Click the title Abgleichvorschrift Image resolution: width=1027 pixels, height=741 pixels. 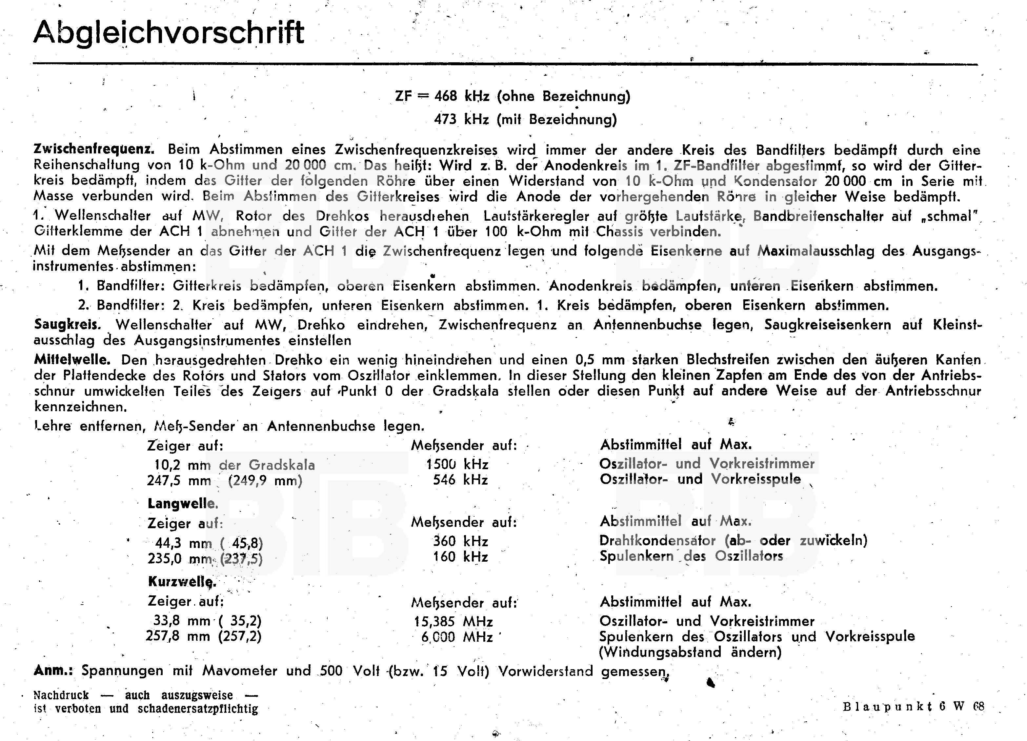169,32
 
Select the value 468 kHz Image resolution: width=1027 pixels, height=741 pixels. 462,96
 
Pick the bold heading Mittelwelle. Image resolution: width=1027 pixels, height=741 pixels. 72,360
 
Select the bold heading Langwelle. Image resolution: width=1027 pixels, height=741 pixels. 183,503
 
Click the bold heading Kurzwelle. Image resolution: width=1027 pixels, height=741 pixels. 182,581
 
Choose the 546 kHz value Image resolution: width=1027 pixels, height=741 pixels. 460,480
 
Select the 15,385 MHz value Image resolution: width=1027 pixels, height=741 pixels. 453,622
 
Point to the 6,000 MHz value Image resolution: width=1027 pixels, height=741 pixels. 456,637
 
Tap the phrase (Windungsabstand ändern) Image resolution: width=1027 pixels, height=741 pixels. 690,652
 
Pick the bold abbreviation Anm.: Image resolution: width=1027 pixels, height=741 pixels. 53,671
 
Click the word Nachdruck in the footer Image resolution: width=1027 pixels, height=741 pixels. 61,695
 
